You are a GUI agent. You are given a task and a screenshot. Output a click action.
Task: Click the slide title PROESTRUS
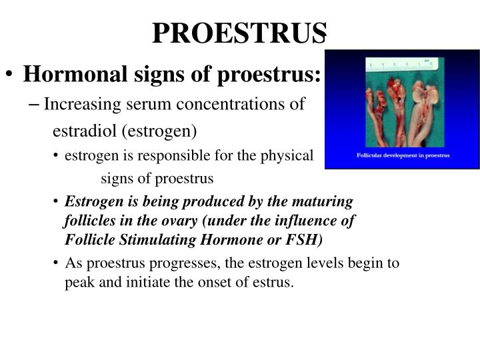tap(240, 32)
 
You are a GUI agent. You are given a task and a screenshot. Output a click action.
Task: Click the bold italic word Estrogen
tap(91, 201)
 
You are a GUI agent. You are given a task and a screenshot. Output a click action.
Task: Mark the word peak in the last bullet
tap(78, 282)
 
